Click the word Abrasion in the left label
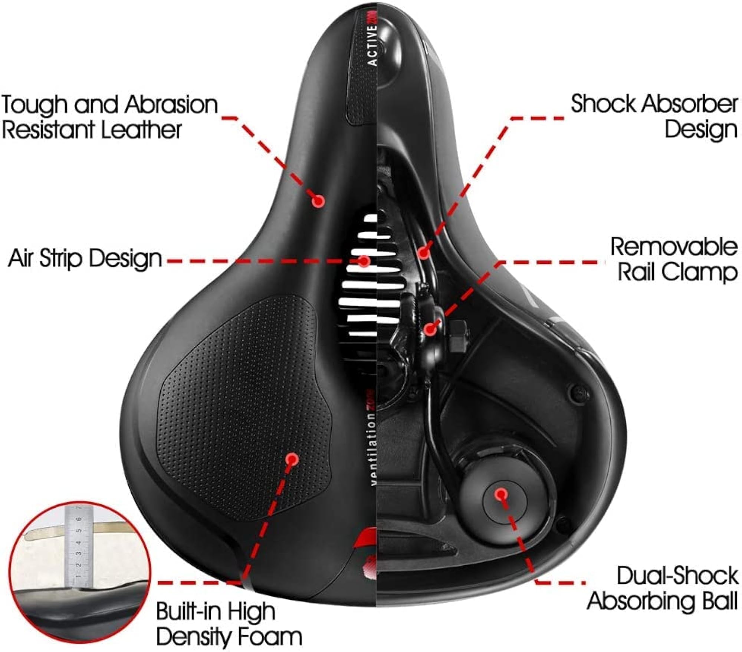171,105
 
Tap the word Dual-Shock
677,586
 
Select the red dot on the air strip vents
364,261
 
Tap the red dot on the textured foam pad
293,459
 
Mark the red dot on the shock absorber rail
423,253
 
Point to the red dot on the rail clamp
430,329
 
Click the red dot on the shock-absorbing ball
501,494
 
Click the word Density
194,638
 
